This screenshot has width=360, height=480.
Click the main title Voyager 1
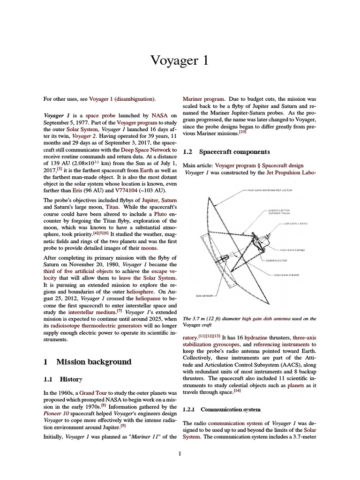coord(180,60)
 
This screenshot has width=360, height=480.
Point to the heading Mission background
coord(94,362)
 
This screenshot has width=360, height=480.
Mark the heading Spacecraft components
coord(234,152)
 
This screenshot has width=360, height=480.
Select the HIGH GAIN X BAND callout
coord(287,275)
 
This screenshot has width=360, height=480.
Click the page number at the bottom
coord(180,453)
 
